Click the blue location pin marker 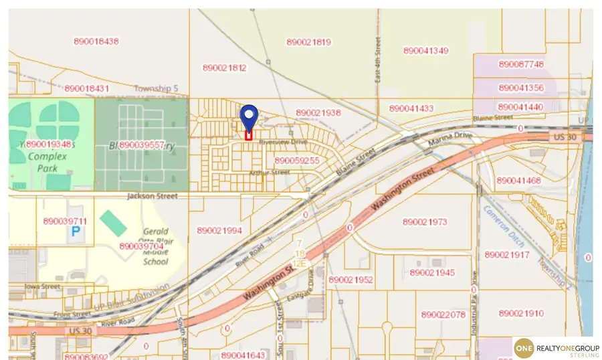pos(249,118)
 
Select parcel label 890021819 pos(308,42)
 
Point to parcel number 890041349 pos(426,50)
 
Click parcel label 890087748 pos(521,64)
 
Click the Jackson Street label pos(153,196)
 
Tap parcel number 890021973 pos(425,221)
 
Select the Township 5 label pos(156,88)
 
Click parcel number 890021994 pos(219,231)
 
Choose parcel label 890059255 pos(297,161)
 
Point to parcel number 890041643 pos(243,355)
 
